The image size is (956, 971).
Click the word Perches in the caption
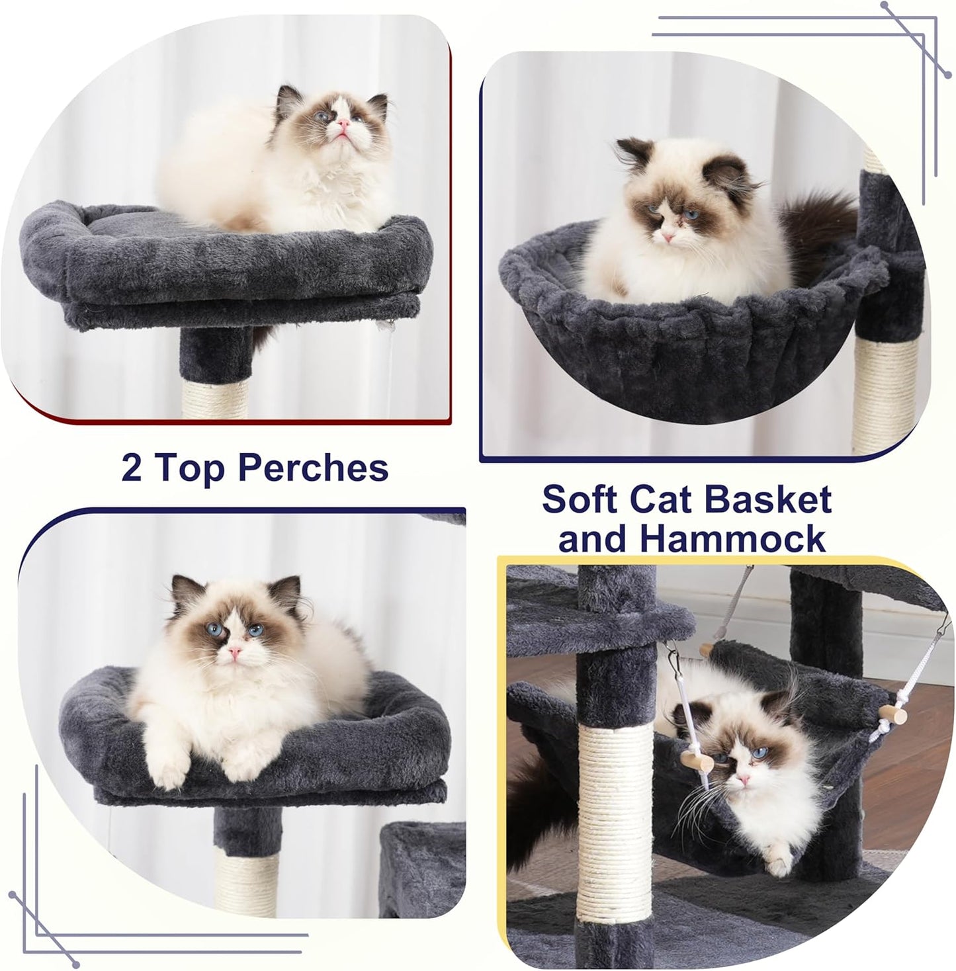313,468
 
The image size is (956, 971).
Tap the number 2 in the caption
132,468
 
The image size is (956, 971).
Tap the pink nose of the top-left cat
343,124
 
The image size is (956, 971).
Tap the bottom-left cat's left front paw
165,767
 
